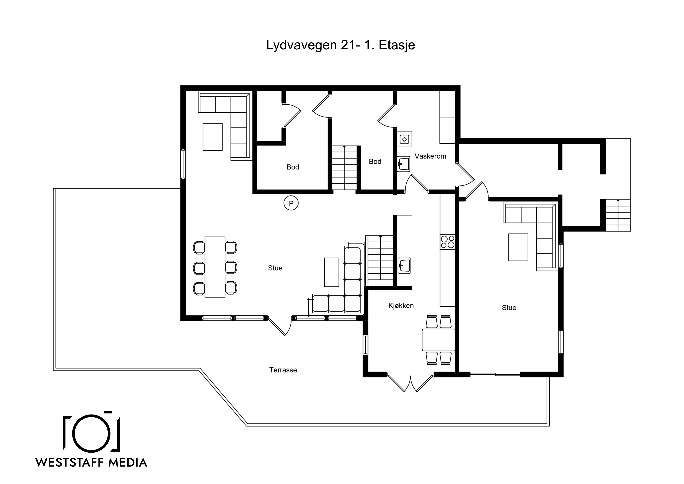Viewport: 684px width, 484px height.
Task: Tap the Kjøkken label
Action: [401, 306]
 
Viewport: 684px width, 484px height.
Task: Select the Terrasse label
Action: [283, 370]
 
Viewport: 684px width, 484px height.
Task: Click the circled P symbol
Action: [291, 203]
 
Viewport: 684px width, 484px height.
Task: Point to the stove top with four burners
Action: [448, 242]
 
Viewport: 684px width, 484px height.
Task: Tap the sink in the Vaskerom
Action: [403, 164]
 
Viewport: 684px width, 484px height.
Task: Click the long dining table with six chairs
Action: [215, 267]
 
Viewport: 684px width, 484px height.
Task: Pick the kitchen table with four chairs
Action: [439, 340]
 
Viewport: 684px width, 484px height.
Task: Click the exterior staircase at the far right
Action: [618, 215]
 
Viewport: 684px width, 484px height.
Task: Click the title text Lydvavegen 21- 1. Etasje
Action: [340, 45]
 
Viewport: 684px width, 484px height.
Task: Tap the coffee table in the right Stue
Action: [518, 247]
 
